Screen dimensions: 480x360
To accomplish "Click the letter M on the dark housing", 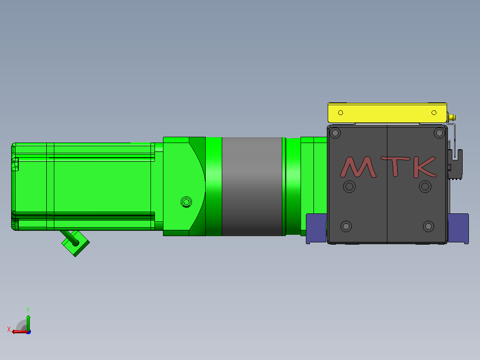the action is [x=358, y=167].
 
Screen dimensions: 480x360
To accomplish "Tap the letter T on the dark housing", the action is [x=395, y=166].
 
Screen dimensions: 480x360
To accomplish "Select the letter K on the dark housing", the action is [x=425, y=167].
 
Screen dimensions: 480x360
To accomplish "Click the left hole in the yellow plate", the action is [x=340, y=113].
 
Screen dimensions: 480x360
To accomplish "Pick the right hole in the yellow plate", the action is [x=434, y=113].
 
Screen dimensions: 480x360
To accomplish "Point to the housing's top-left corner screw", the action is [x=335, y=133].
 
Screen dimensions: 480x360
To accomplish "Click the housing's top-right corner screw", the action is [x=439, y=133].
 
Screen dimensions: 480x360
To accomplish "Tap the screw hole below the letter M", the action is [x=349, y=187].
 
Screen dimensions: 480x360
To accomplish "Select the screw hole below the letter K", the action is [x=425, y=187].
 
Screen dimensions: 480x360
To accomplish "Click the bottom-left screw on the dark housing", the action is [x=346, y=226].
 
